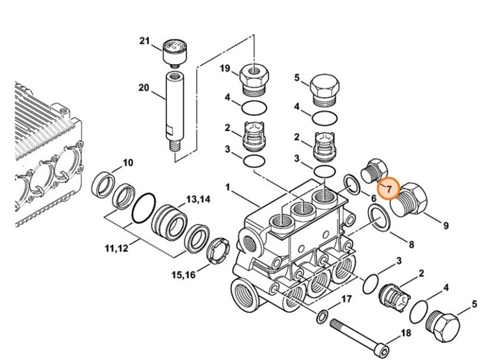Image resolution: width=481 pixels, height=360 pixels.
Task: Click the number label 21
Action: coord(144,42)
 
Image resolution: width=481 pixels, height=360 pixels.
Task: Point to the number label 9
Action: coord(446,225)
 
